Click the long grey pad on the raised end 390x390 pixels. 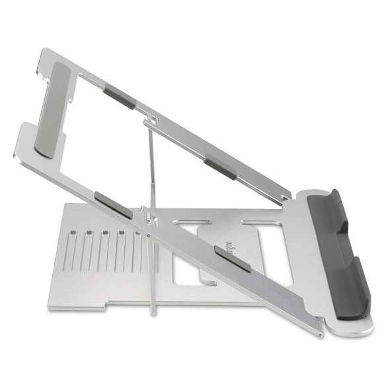coord(55,109)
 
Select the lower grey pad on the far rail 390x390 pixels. coord(220,167)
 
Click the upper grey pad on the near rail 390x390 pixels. coord(113,205)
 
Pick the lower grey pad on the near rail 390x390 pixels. coord(232,258)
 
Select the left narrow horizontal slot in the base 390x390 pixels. coord(190,222)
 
